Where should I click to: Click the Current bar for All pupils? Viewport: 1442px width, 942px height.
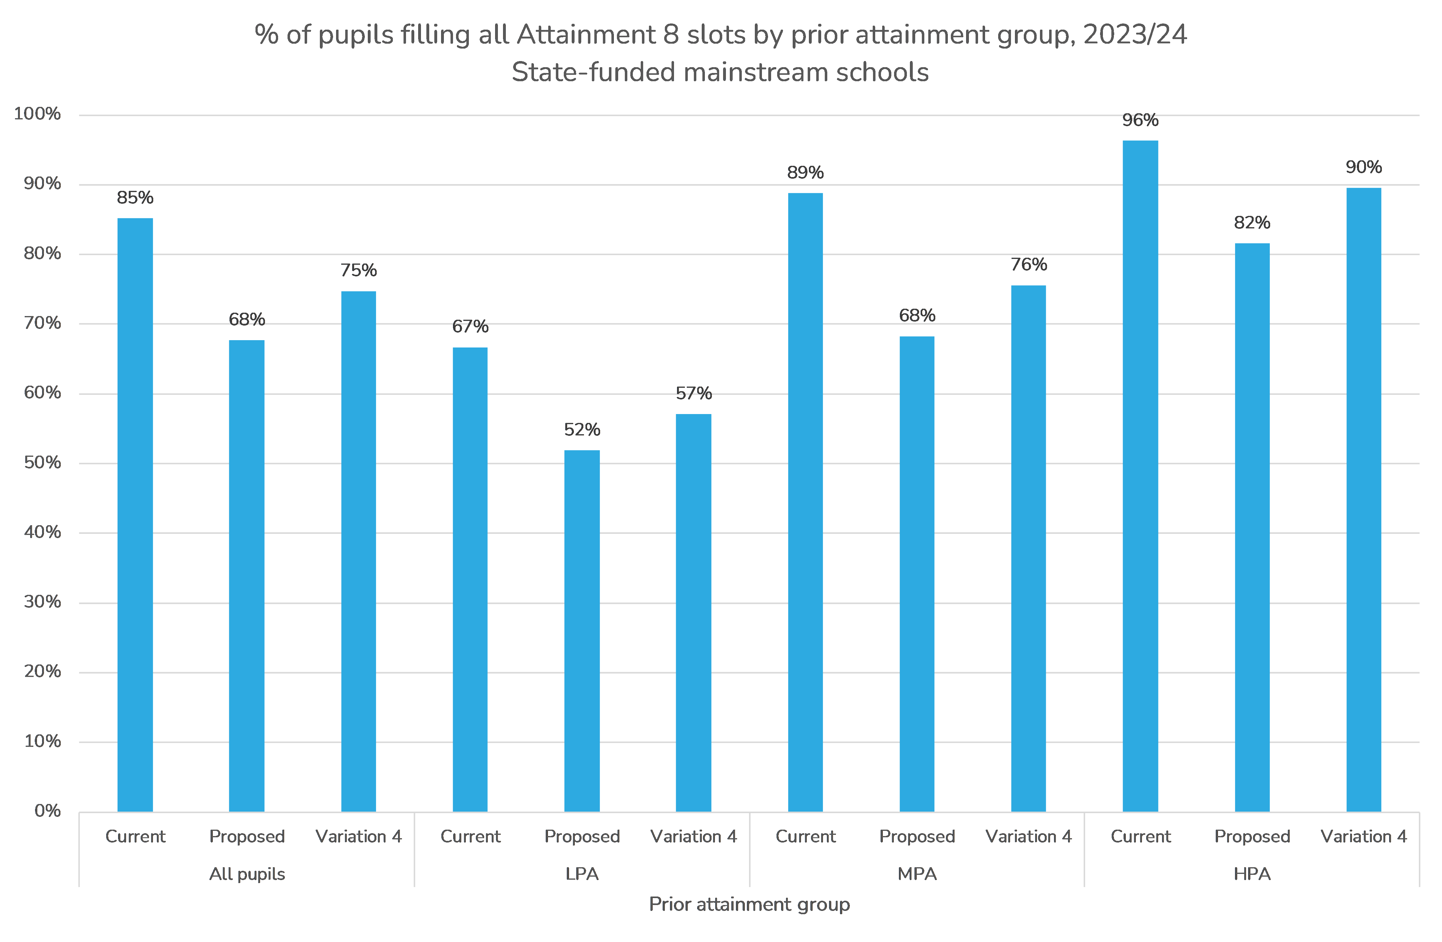(x=135, y=515)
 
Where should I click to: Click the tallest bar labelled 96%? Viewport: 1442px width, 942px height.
(x=1140, y=476)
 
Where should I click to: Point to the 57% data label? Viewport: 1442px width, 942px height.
(x=694, y=393)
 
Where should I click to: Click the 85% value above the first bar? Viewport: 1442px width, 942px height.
(x=135, y=198)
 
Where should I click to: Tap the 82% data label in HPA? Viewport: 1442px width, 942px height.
(x=1252, y=223)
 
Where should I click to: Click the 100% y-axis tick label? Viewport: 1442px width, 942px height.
(x=38, y=114)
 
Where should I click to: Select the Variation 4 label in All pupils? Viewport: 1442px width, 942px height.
(x=359, y=837)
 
